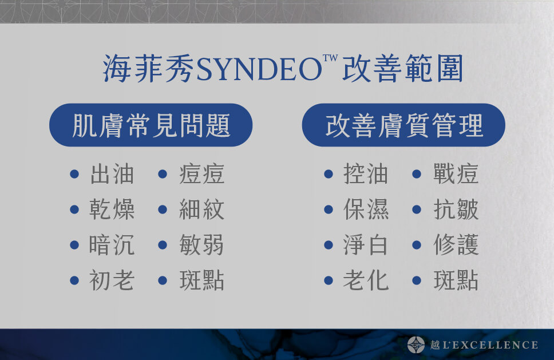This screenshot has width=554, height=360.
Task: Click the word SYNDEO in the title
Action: pos(259,69)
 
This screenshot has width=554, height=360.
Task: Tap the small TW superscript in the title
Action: pos(330,58)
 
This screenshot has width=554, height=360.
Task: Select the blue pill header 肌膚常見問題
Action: pos(151,125)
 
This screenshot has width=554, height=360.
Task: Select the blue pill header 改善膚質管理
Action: pos(403,125)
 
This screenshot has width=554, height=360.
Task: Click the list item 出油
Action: pos(112,174)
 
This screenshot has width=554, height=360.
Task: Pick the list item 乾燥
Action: pos(112,209)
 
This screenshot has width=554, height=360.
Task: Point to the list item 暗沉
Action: pos(112,245)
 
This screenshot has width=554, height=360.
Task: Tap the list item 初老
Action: pos(112,280)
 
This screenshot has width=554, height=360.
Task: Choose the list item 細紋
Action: pos(202,209)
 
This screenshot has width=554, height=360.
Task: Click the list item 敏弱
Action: pos(202,245)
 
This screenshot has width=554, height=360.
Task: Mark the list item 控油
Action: pos(366,174)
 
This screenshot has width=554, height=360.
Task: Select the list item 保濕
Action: pos(366,209)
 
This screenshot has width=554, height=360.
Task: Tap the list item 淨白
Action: pos(366,245)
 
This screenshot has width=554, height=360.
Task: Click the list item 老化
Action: pos(366,280)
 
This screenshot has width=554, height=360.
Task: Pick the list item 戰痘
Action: pos(456,174)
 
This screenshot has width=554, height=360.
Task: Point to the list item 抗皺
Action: pos(456,209)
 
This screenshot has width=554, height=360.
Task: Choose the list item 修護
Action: pos(456,245)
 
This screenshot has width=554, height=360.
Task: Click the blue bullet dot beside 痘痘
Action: pos(163,174)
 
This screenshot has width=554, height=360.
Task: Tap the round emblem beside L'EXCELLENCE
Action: pos(416,345)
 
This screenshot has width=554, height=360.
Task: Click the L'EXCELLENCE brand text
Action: pos(490,345)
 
